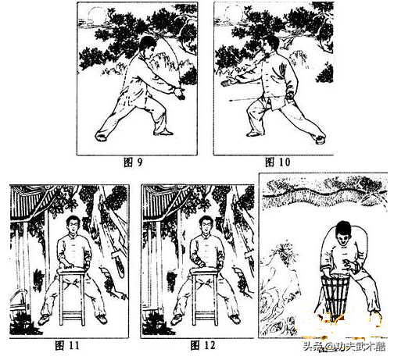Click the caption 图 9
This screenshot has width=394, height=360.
point(133,162)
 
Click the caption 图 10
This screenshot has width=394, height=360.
point(278,162)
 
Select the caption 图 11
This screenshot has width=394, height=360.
point(67,346)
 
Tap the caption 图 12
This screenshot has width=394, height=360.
point(202,346)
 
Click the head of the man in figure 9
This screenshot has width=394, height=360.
point(148,45)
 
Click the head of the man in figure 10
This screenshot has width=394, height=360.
point(271,45)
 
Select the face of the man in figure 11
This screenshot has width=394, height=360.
point(73,226)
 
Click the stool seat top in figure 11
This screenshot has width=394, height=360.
point(72,272)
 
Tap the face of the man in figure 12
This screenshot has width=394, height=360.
point(206,226)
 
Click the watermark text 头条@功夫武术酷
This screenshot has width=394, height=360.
point(344,347)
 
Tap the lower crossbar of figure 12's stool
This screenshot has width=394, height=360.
point(206,319)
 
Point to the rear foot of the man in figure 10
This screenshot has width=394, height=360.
point(321,139)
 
